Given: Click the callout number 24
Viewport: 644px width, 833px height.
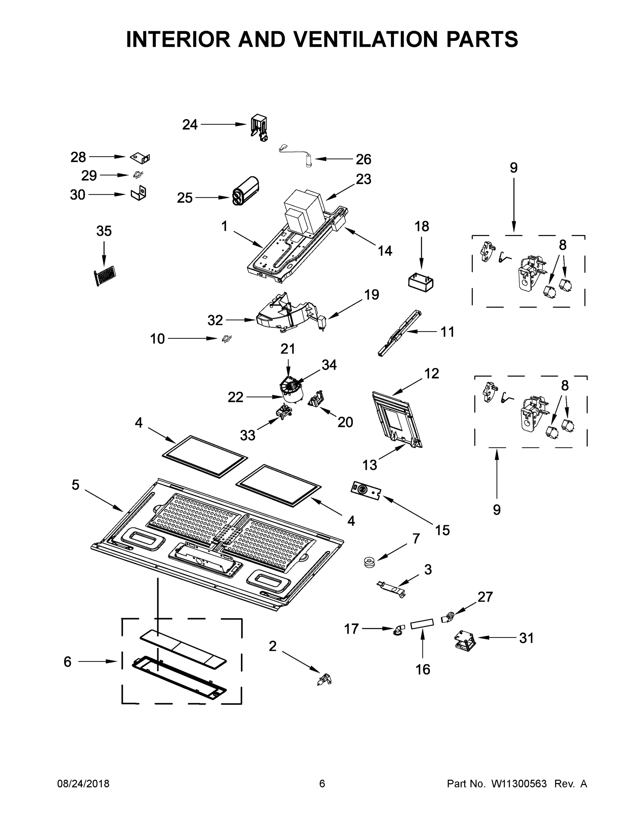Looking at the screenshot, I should click(190, 125).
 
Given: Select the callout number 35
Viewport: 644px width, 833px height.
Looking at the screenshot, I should click(104, 231).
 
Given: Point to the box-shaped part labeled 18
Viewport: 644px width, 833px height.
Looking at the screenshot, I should click(421, 283).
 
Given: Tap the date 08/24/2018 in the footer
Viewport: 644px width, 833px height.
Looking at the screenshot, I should click(83, 784).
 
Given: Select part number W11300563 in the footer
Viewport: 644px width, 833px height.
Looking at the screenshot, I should click(519, 784).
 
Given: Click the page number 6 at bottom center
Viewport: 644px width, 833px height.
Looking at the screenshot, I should click(322, 784).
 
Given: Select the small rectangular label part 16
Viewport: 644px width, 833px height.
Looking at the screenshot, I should click(422, 624).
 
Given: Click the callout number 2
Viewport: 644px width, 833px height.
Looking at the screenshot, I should click(273, 646).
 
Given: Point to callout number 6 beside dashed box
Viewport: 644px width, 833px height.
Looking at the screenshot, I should click(68, 662).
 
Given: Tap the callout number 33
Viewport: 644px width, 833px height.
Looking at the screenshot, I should click(247, 435).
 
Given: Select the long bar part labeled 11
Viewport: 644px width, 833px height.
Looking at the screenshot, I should click(400, 333).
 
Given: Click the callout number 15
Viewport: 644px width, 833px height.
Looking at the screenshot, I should click(442, 530).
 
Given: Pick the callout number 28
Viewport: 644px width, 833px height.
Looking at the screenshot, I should click(78, 157).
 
